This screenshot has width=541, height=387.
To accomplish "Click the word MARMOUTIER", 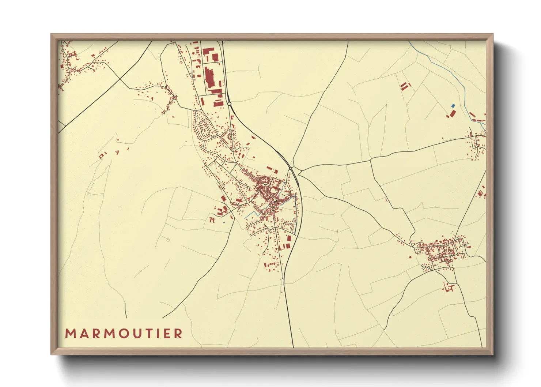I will point(124,334).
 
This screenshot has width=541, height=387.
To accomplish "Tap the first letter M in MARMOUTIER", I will point(71,334).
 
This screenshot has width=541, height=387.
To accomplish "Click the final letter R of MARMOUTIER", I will point(178,334).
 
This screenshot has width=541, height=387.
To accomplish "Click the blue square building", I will point(453,106).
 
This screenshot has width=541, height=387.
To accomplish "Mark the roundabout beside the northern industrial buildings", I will point(229,104).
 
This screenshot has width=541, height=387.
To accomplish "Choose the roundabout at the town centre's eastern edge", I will point(291,168).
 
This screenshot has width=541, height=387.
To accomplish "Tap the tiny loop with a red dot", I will point(168,240).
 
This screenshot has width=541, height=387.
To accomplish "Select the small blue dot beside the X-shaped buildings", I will point(224,222).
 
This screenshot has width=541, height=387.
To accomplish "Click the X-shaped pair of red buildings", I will point(212,219).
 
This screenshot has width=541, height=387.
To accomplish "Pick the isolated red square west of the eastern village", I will point(410,257).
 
